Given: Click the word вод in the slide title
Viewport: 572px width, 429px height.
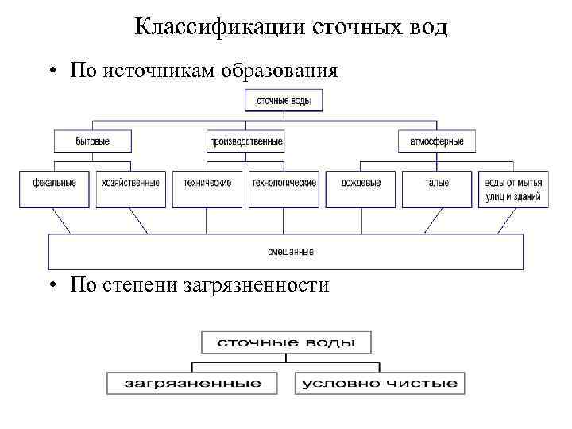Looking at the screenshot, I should (x=426, y=28).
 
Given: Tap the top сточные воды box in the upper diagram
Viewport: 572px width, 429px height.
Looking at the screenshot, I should (x=289, y=100).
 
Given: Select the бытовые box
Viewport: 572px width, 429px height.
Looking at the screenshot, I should (x=93, y=141).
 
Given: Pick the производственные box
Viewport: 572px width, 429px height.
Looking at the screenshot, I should (x=246, y=141).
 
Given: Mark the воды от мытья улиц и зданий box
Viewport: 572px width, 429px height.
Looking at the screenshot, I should (x=512, y=189).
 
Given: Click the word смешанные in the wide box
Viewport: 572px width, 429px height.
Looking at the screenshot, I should (x=290, y=252).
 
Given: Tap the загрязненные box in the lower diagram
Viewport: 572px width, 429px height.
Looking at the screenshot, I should (x=193, y=383).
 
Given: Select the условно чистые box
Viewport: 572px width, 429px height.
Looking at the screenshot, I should (x=379, y=383).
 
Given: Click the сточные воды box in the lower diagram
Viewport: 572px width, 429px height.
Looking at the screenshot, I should (x=286, y=342).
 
